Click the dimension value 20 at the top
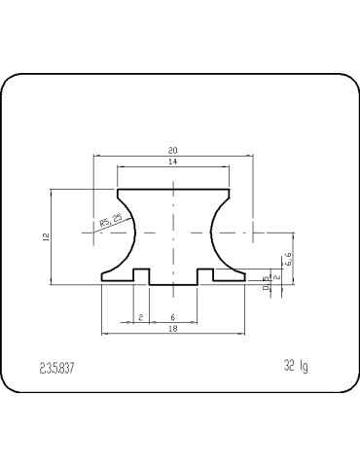172,151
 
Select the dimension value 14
172,162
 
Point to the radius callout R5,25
110,222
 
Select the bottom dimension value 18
172,330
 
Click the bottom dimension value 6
172,317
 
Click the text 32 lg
296,367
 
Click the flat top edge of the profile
173,192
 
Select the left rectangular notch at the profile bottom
141,276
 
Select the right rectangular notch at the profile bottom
205,276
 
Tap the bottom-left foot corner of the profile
102,282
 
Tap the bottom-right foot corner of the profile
244,282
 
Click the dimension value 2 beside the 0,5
277,277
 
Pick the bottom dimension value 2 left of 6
140,317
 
